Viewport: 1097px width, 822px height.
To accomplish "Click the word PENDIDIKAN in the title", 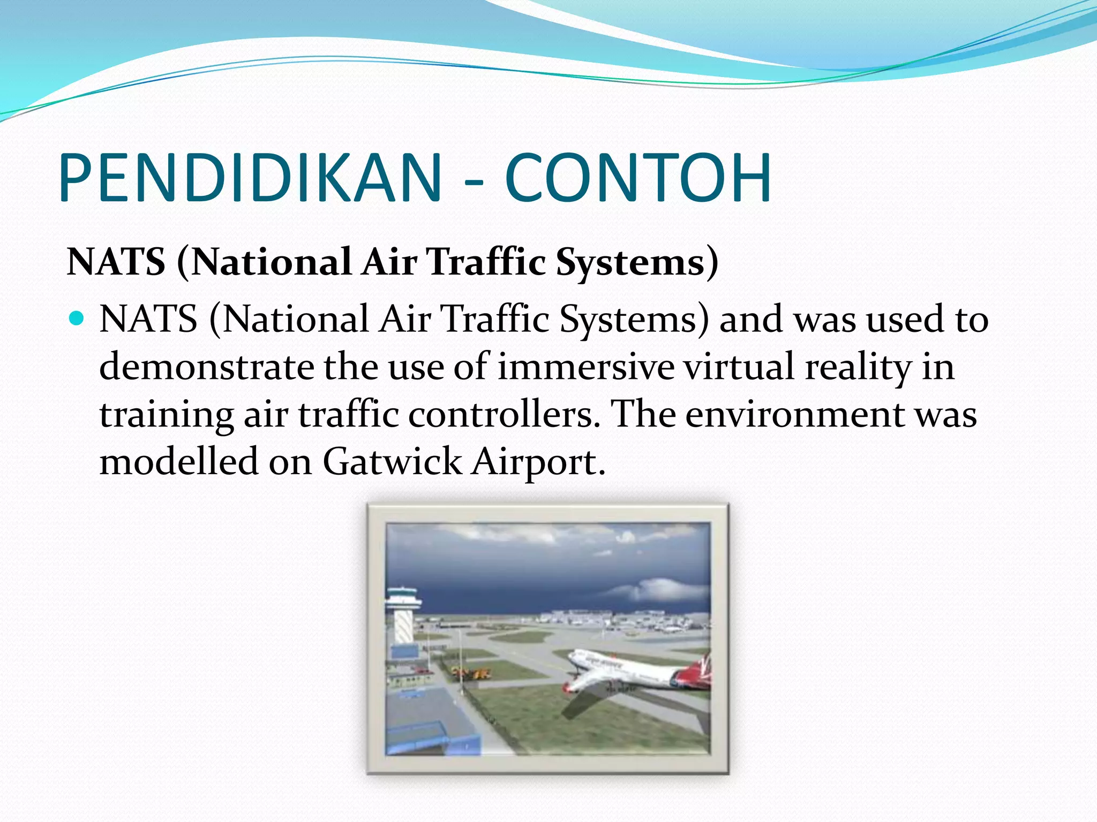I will click(x=250, y=178).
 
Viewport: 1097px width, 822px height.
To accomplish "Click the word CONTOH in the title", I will click(x=637, y=178).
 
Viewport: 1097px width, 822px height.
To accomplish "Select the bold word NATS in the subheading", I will click(x=116, y=262).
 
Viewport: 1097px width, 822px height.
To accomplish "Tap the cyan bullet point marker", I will click(x=77, y=319).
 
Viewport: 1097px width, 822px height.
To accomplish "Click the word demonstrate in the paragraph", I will click(x=206, y=367).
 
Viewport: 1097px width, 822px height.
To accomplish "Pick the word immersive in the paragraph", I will click(x=585, y=367).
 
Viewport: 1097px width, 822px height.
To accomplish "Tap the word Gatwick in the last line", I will click(x=392, y=461).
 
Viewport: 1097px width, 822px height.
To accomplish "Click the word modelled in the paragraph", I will click(x=178, y=461).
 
